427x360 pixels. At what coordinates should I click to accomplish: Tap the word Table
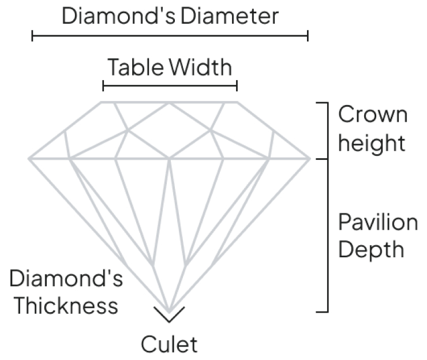(136, 67)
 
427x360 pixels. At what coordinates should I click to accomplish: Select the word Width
(201, 67)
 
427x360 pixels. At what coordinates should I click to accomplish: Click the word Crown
(373, 115)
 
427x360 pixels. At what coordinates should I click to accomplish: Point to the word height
(372, 142)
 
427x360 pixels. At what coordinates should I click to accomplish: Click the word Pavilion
(378, 222)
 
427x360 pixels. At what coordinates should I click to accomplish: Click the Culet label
(169, 344)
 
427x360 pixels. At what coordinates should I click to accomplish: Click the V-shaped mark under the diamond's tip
(169, 316)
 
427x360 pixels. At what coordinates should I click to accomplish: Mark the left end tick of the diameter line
(33, 36)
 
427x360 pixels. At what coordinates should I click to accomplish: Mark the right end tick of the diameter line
(308, 36)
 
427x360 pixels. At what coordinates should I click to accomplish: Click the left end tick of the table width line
(103, 87)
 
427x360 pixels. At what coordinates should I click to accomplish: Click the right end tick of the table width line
(237, 87)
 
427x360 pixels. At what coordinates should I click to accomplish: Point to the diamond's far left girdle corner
(29, 157)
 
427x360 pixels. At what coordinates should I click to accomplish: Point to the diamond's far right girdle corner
(309, 157)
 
